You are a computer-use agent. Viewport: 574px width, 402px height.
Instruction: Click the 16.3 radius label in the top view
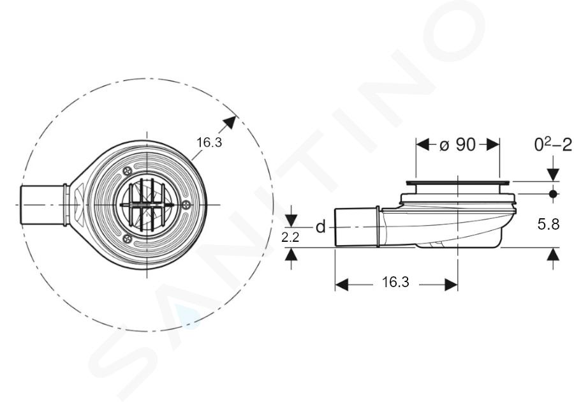[209, 142]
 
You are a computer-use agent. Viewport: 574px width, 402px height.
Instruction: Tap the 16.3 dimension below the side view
[395, 282]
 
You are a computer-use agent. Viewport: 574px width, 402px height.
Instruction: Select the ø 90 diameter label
[457, 145]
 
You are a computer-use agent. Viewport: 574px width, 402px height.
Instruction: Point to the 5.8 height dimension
[548, 224]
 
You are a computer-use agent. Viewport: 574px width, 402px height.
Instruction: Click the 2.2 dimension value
[290, 237]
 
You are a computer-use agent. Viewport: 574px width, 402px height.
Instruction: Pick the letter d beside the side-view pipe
[320, 227]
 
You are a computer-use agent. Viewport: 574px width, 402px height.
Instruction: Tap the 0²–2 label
[553, 145]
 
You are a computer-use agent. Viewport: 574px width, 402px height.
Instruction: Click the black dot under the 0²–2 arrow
[553, 194]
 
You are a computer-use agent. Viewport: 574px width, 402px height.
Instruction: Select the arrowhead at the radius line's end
[230, 122]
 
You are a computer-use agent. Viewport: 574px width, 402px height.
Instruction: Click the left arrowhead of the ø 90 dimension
[423, 145]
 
